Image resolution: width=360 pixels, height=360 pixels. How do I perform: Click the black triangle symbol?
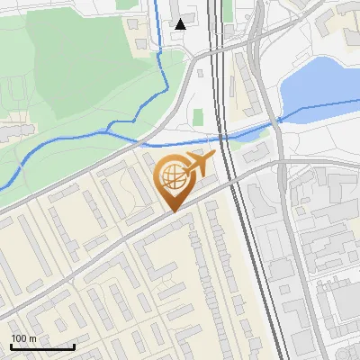point(181,24)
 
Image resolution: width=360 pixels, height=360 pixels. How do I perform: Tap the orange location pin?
point(175,180)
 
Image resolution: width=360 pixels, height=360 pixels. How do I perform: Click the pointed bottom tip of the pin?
point(174,210)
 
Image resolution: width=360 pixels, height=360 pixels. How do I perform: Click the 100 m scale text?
point(24,337)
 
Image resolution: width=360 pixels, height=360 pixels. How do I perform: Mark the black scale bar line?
point(42,346)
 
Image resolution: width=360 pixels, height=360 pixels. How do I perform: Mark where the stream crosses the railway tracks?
point(220,139)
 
